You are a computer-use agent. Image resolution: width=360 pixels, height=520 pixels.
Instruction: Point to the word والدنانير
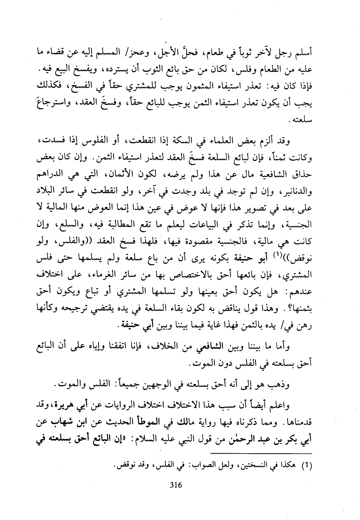(295, 187)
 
